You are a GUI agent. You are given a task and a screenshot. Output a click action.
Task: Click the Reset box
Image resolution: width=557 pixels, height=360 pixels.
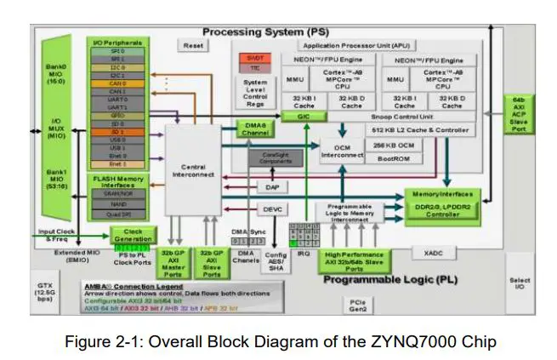195,45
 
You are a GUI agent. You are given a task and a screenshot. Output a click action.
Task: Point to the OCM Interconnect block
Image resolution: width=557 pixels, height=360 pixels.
341,151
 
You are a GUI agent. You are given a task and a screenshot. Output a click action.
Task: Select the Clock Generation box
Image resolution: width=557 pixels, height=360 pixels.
133,235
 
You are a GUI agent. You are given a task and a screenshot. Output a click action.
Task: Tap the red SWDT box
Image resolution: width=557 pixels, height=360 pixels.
255,57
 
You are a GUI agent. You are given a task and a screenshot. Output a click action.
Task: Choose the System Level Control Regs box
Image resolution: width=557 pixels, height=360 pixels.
255,94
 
